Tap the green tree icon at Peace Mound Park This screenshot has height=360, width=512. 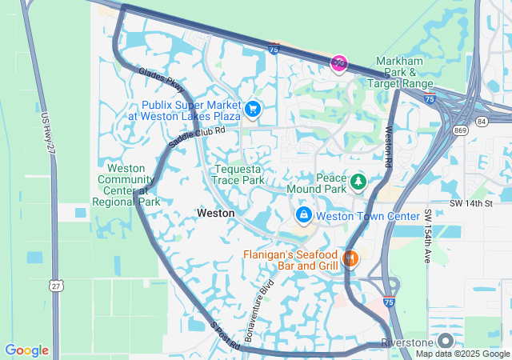click(358, 182)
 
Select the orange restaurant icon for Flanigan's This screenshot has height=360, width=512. click(350, 258)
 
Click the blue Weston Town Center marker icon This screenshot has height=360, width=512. click(304, 215)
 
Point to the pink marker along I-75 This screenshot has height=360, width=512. click(339, 64)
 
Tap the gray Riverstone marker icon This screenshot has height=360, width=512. click(446, 342)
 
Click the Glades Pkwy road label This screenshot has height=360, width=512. click(161, 77)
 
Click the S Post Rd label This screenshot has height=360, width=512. click(226, 336)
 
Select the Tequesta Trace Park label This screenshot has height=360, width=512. click(238, 174)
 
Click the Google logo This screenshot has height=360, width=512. click(27, 350)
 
